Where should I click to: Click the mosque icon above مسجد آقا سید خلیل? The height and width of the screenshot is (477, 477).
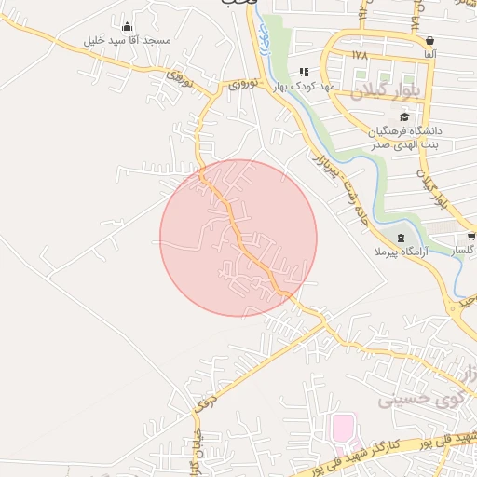(x=127, y=26)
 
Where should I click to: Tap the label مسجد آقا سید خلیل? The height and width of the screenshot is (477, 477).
(x=127, y=41)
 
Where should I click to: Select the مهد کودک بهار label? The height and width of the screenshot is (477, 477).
(x=304, y=86)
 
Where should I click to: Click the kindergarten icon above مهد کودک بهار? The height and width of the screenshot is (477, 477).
(x=304, y=71)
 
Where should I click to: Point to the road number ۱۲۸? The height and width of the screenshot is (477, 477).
(x=361, y=55)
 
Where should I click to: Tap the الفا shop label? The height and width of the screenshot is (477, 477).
(x=429, y=56)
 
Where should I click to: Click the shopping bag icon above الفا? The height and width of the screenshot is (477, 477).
(x=429, y=41)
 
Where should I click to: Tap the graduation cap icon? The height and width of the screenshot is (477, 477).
(x=404, y=116)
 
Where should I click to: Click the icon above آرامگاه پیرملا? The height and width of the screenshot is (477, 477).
(x=402, y=238)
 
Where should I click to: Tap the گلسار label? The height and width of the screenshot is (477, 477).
(x=463, y=252)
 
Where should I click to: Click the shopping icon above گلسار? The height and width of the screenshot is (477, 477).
(x=470, y=237)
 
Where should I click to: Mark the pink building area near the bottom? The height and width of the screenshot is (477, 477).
(x=342, y=429)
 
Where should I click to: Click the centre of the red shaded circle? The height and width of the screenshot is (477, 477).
(x=238, y=238)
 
